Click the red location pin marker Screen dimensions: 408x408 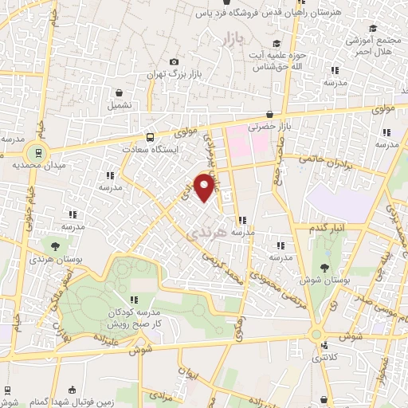206,186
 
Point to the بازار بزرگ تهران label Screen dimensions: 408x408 170,74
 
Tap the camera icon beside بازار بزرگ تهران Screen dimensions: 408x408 175,62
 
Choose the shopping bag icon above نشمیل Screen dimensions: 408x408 119,92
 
